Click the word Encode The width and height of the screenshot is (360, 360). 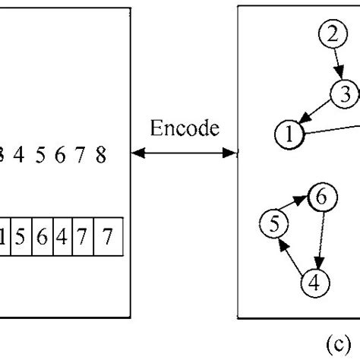(184, 128)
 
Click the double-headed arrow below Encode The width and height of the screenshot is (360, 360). (184, 153)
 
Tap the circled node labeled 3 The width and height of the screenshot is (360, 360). (344, 95)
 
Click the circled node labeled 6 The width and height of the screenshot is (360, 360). (321, 197)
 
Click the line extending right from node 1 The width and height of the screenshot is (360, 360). (330, 131)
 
